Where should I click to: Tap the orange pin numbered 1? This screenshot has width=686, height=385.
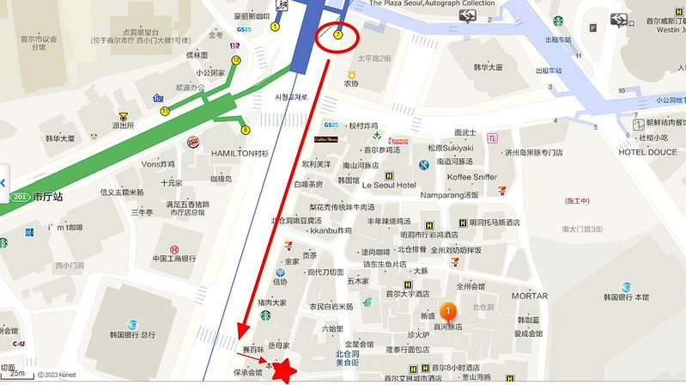tap(446, 311)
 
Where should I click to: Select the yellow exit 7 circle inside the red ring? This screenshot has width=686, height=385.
tap(338, 35)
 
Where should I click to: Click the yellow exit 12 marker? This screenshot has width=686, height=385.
tap(236, 60)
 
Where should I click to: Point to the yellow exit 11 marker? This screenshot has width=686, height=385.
tap(164, 110)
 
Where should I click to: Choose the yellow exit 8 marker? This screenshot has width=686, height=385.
tap(245, 131)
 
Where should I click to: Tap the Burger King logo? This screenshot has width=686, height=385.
tap(197, 143)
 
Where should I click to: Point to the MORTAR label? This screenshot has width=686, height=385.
tap(530, 296)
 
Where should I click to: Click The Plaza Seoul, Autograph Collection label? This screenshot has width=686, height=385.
tap(432, 4)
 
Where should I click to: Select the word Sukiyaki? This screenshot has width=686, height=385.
tap(458, 147)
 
